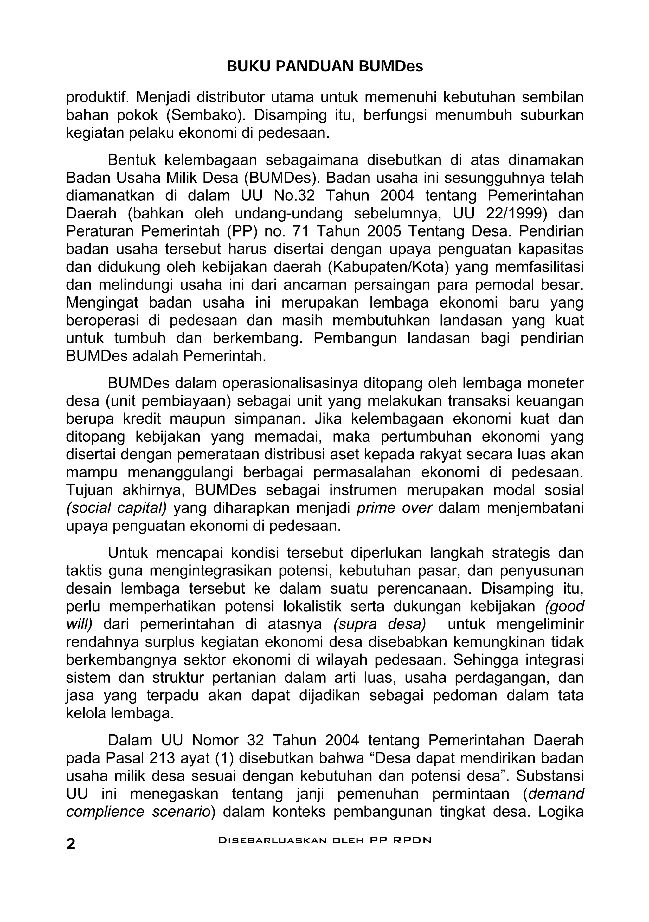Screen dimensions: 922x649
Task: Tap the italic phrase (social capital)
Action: [116, 508]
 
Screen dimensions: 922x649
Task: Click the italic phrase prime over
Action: [394, 508]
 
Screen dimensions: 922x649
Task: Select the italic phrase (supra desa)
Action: [379, 624]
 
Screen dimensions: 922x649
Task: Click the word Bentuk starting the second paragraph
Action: [131, 160]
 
